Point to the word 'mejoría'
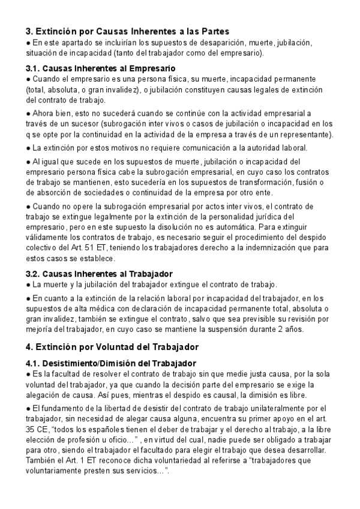point(40,329)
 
